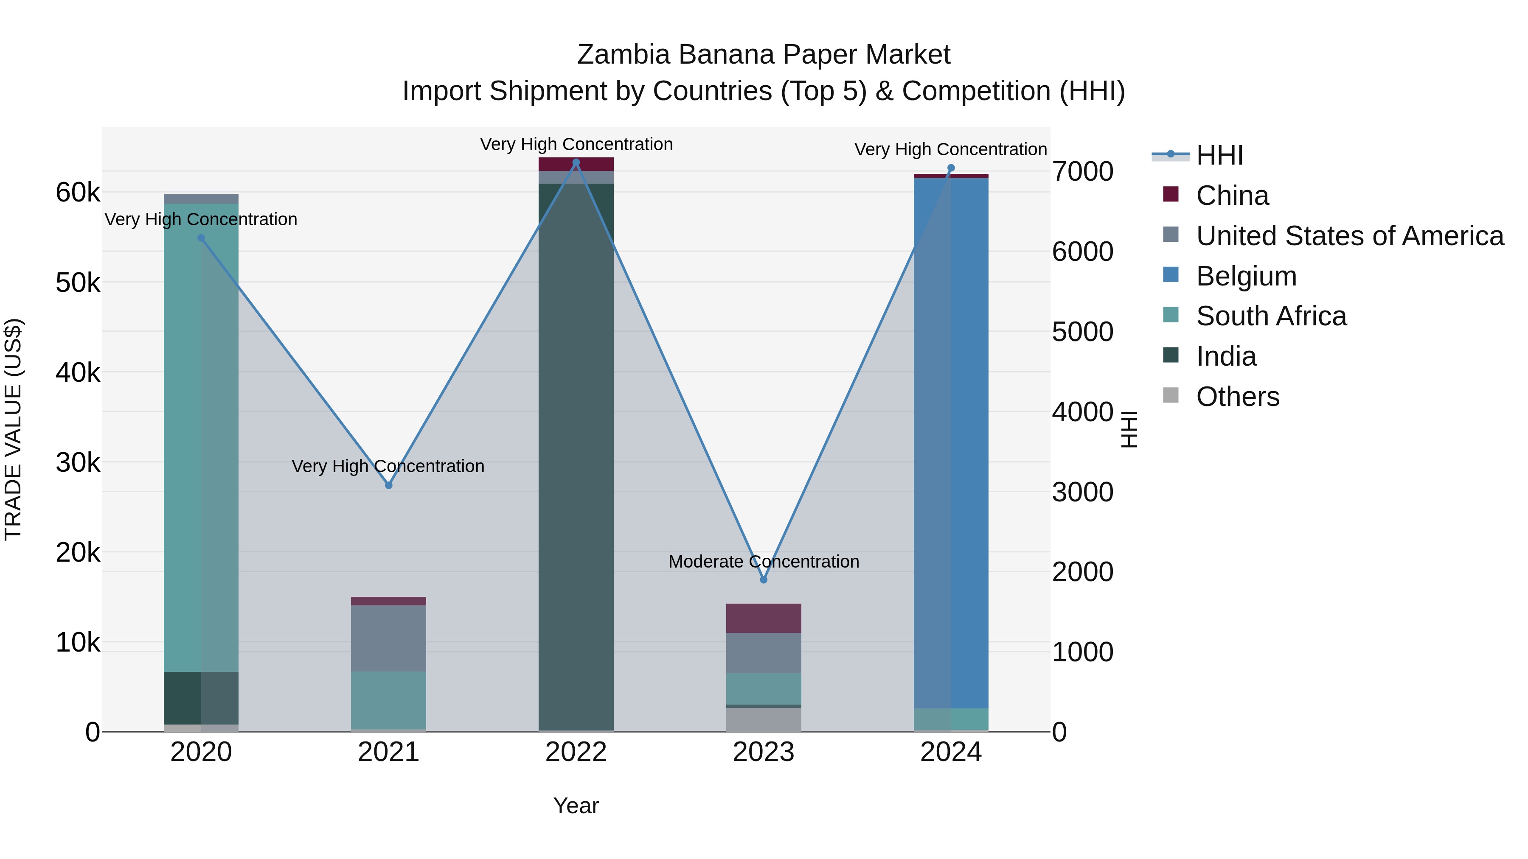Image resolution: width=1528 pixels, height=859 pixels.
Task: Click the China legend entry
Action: tap(1232, 196)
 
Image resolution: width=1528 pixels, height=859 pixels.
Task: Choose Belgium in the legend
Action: tap(1246, 276)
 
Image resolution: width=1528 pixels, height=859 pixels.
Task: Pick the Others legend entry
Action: tap(1237, 397)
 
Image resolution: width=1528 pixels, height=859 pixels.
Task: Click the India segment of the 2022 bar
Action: tap(576, 456)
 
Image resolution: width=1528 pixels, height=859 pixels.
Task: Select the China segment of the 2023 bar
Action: tap(764, 618)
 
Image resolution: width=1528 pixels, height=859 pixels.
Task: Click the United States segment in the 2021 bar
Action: tap(388, 638)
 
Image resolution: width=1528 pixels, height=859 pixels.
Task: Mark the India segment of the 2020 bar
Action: tap(201, 698)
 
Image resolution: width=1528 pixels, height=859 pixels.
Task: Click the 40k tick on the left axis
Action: tap(78, 373)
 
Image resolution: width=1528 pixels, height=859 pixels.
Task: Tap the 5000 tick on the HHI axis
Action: tap(1082, 332)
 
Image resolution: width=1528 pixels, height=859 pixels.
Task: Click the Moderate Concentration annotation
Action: tap(764, 561)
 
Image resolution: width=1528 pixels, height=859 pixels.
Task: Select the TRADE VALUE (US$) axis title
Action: tap(13, 429)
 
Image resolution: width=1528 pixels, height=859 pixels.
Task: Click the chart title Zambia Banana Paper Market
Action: tap(764, 55)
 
